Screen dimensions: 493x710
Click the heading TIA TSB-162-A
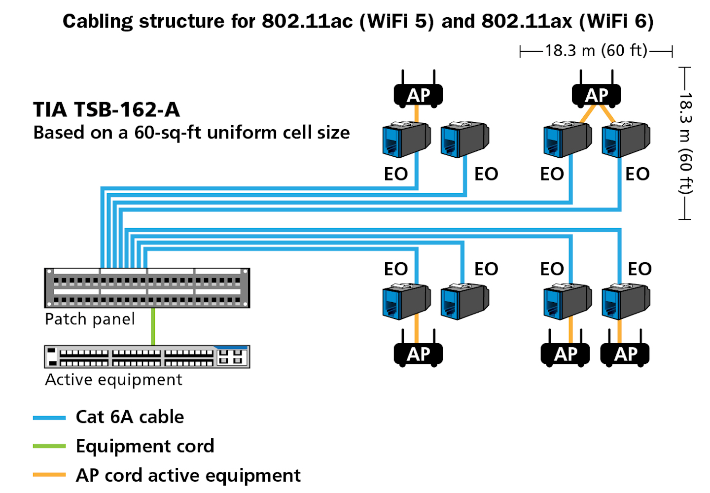pos(106,109)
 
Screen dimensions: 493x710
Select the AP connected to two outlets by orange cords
pos(596,95)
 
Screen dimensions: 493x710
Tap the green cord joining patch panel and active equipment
pos(153,326)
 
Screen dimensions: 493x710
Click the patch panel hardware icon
pos(147,288)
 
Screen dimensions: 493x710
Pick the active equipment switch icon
pos(147,356)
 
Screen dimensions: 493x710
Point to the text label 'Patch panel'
pos(90,319)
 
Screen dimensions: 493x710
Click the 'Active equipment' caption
pos(113,380)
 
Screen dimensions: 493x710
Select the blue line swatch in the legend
pos(49,418)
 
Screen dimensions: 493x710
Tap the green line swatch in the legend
pos(49,446)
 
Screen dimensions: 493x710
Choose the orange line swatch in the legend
pos(49,475)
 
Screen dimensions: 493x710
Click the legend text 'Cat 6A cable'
pos(130,417)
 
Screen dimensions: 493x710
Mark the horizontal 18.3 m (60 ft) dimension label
pos(596,50)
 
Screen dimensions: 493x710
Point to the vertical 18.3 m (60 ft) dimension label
pos(686,143)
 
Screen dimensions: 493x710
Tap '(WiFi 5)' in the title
pos(396,21)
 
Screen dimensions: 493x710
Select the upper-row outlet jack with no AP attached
pos(464,140)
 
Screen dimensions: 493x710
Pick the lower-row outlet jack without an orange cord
pos(464,301)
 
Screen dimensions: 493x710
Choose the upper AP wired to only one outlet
pos(418,95)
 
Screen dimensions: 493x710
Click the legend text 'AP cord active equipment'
pos(188,475)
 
